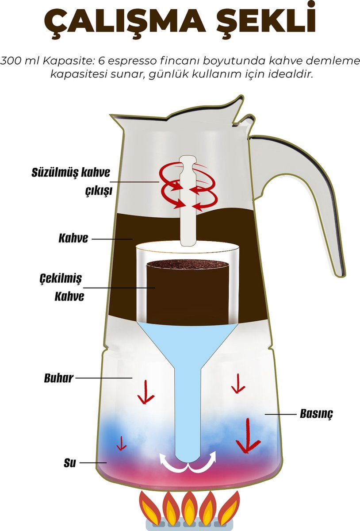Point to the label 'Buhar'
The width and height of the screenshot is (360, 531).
(58, 379)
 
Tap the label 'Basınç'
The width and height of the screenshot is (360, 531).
(316, 414)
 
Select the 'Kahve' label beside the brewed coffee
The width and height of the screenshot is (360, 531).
(73, 239)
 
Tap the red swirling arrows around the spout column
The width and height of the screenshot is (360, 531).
(189, 186)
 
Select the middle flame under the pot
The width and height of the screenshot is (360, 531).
(189, 509)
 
